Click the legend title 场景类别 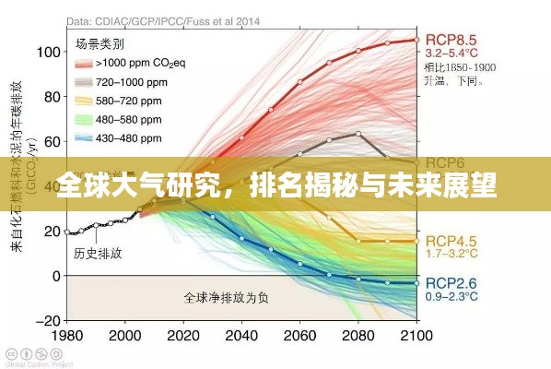(99, 42)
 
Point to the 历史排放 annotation (97, 253)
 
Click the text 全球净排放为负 (226, 298)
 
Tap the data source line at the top (164, 18)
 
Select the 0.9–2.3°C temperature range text (451, 297)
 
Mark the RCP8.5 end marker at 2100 (416, 40)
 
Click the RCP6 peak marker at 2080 (358, 134)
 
